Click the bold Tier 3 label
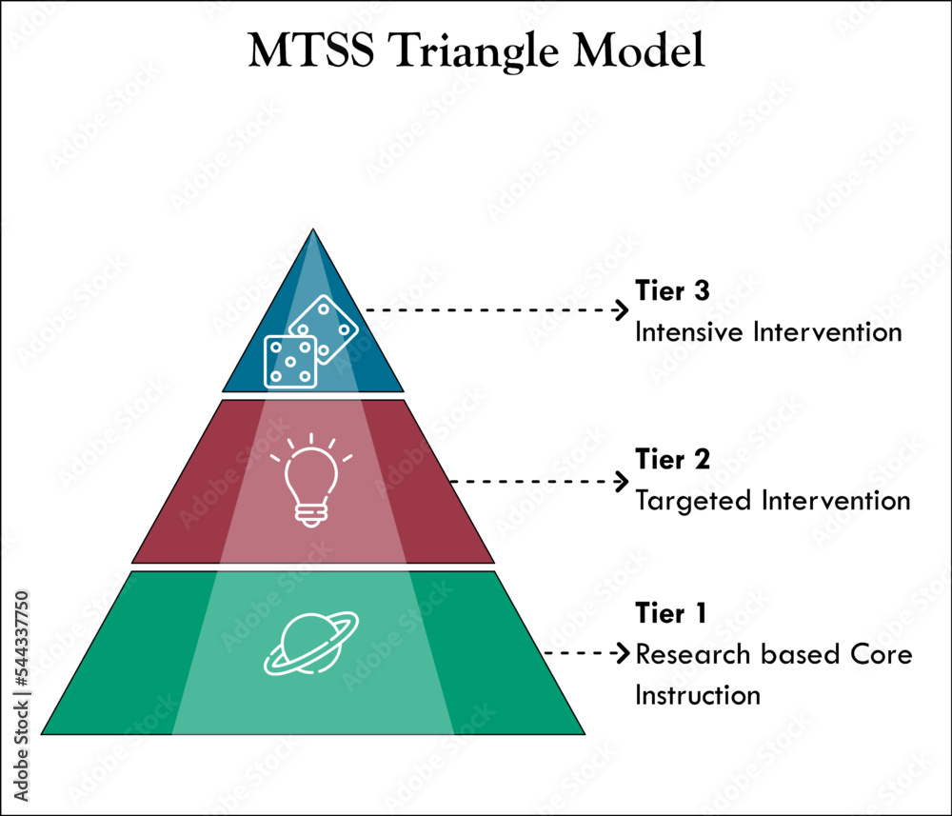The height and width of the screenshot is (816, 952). tap(672, 291)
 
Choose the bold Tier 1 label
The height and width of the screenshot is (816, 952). tap(671, 613)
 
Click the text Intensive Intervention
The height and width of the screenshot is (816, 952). tap(767, 332)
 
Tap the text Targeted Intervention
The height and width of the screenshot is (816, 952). tap(772, 500)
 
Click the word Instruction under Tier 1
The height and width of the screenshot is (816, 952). tap(698, 695)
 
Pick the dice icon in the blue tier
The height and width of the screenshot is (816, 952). tap(310, 344)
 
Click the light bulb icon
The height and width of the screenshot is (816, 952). tap(311, 482)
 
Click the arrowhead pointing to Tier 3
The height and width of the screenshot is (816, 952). tap(624, 310)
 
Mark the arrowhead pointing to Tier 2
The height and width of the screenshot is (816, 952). tap(624, 482)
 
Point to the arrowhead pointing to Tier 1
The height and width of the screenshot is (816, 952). tap(624, 653)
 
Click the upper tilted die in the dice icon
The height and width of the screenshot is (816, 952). tap(325, 328)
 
